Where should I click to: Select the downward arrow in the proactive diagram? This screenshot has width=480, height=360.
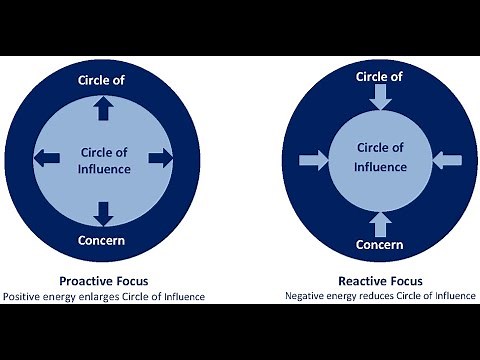(x=104, y=211)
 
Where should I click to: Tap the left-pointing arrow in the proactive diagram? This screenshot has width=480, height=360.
(x=47, y=157)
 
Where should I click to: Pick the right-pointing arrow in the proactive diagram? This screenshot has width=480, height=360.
(x=159, y=157)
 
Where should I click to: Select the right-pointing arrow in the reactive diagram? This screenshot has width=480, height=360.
(x=313, y=159)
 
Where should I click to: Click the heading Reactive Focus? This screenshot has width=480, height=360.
(x=381, y=281)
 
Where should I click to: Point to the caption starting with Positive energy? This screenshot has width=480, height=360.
(x=103, y=296)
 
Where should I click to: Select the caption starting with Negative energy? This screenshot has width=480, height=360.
(x=380, y=296)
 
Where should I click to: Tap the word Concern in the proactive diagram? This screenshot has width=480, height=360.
(x=104, y=242)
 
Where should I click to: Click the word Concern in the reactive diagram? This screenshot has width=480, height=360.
(x=380, y=245)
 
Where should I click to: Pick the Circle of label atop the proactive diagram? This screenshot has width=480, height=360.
(x=104, y=80)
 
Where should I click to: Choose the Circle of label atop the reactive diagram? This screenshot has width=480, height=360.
(x=380, y=75)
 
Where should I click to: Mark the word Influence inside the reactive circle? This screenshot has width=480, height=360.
(x=381, y=166)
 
